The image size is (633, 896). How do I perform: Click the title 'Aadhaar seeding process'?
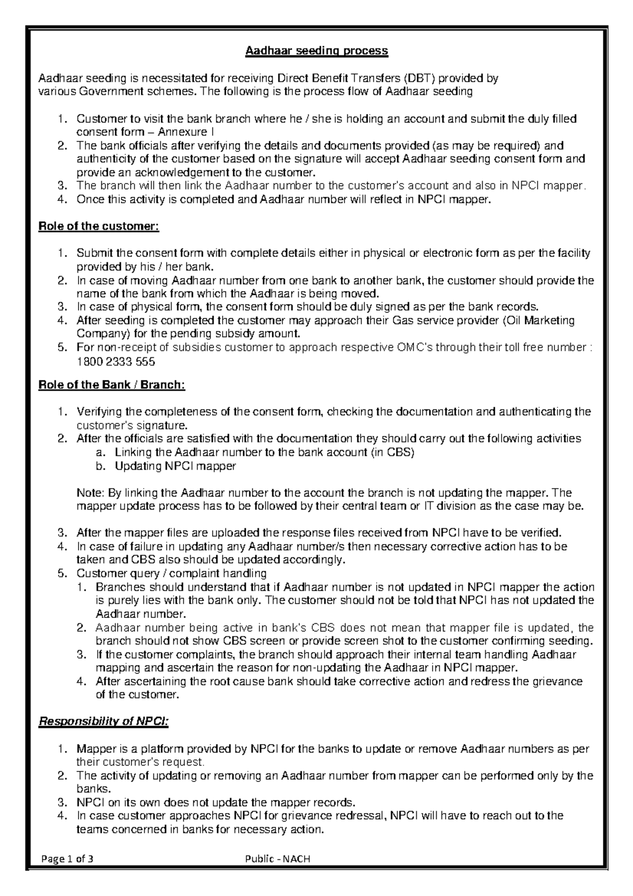pyautogui.click(x=316, y=51)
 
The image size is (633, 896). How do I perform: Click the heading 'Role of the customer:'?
pyautogui.click(x=99, y=226)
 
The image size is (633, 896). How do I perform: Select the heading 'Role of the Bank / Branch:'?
pyautogui.click(x=112, y=385)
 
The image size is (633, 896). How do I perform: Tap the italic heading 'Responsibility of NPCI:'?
pyautogui.click(x=104, y=721)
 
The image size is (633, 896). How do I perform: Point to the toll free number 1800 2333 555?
pyautogui.click(x=116, y=362)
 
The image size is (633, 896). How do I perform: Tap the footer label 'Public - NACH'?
pyautogui.click(x=278, y=859)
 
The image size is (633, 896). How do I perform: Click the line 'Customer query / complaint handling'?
pyautogui.click(x=171, y=574)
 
